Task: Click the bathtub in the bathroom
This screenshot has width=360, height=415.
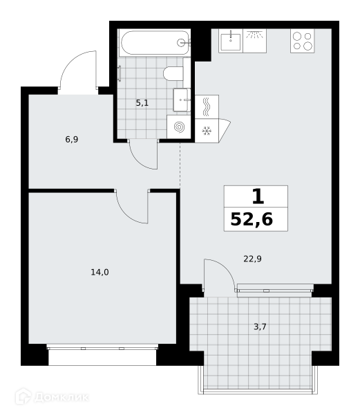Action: point(155,43)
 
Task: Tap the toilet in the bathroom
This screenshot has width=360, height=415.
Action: point(173,73)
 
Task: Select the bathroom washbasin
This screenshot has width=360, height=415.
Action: point(182,100)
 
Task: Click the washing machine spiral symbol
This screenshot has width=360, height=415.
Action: point(180,127)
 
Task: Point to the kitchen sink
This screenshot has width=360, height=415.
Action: point(231,41)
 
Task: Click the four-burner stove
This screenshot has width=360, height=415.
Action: point(303,41)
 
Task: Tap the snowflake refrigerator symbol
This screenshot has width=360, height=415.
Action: point(207,131)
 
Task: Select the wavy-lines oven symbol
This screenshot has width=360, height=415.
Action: point(207,107)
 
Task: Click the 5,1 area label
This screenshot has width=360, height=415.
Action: point(142,103)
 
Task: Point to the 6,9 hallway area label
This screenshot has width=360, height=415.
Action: point(72,139)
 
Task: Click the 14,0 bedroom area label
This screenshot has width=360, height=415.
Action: point(100,272)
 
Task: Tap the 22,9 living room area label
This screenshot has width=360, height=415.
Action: point(252,259)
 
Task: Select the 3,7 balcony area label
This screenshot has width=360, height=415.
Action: point(260,327)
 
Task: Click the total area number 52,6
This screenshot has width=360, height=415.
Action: point(252,219)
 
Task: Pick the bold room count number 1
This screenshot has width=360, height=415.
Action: point(258,196)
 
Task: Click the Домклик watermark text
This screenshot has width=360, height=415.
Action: point(61,397)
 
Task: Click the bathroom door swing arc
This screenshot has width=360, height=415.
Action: point(140,161)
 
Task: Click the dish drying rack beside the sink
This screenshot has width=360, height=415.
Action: point(254,41)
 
